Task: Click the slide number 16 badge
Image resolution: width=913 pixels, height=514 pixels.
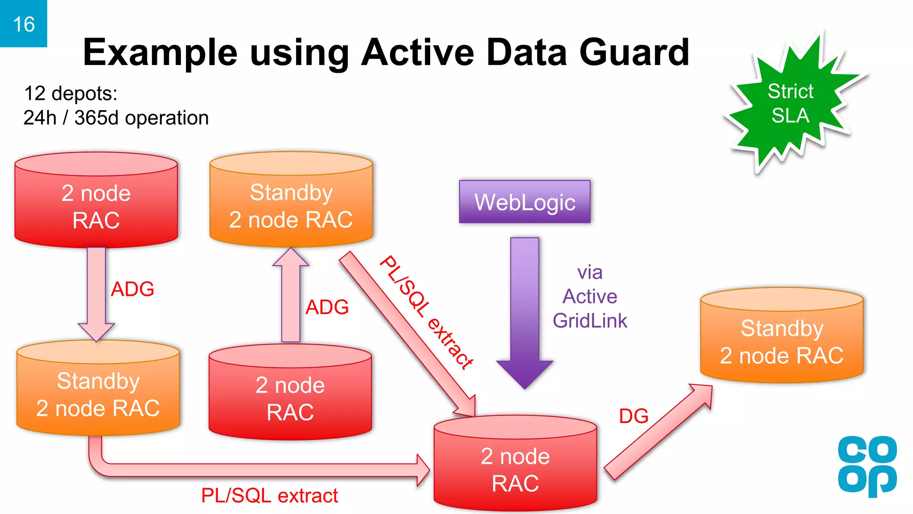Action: [23, 24]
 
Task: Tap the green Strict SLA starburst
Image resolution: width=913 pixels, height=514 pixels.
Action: [790, 104]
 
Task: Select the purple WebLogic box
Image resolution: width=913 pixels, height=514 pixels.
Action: [525, 202]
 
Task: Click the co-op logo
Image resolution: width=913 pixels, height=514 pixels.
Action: [867, 466]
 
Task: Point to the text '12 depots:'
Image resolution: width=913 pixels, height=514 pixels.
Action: [70, 94]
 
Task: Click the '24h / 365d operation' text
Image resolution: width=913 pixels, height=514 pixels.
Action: [116, 118]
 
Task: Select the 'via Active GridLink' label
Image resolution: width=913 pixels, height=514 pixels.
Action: [590, 297]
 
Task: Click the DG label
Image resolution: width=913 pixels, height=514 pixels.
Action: [633, 416]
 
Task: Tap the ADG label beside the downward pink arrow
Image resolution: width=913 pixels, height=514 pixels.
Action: [132, 289]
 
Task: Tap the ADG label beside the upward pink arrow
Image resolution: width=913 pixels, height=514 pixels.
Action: [327, 307]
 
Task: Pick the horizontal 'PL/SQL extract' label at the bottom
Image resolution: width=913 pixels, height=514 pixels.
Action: [269, 496]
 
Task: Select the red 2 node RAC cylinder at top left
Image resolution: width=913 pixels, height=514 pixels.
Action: [96, 205]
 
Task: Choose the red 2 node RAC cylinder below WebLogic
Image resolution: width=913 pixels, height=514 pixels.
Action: [515, 468]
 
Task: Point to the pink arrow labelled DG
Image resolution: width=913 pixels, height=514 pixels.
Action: [658, 433]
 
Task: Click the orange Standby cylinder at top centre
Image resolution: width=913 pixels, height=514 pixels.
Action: [291, 205]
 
